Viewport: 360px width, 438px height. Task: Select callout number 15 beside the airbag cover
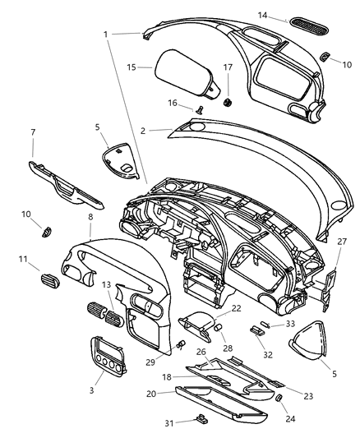(x=132, y=66)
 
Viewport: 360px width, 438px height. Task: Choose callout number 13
(x=108, y=284)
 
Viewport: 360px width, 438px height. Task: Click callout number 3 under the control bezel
(x=91, y=389)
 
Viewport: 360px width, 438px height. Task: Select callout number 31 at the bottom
(x=168, y=424)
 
